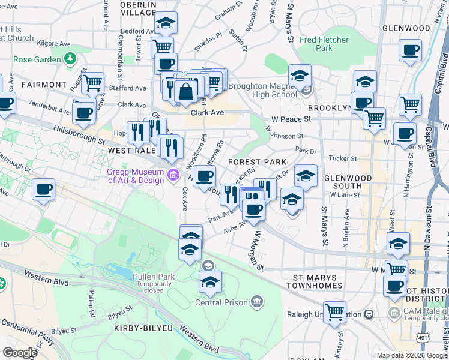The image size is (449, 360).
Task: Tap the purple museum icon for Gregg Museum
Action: click(x=173, y=175)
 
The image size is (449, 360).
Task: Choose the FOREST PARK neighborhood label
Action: click(x=253, y=162)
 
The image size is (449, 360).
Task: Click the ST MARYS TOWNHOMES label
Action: click(x=317, y=282)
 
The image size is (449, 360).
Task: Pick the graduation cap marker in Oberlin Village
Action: click(x=165, y=23)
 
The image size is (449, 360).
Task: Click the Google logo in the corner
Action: click(x=20, y=352)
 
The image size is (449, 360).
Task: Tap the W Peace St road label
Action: click(x=291, y=119)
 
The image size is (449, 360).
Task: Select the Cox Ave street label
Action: click(x=184, y=204)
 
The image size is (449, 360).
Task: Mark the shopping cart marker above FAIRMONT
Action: click(x=92, y=83)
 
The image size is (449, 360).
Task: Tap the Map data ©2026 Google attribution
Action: click(x=411, y=355)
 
